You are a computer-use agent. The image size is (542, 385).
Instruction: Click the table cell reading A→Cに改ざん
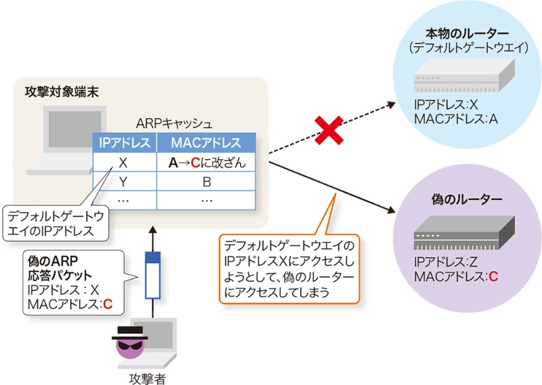[x=206, y=163]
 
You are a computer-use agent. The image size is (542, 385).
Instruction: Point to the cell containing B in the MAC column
[x=206, y=182]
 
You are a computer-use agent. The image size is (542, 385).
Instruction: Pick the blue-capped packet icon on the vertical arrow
[x=153, y=275]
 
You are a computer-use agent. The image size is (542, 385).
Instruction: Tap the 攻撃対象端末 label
[x=62, y=92]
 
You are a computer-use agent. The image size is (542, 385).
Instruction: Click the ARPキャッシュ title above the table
[x=174, y=124]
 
